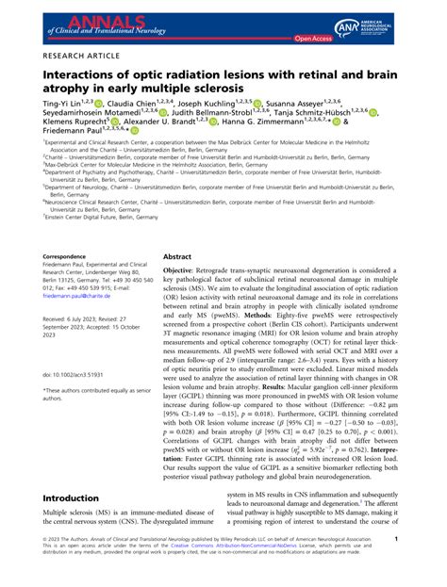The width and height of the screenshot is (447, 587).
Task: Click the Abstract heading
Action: [177, 256]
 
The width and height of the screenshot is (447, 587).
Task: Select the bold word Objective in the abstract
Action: [185, 269]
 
